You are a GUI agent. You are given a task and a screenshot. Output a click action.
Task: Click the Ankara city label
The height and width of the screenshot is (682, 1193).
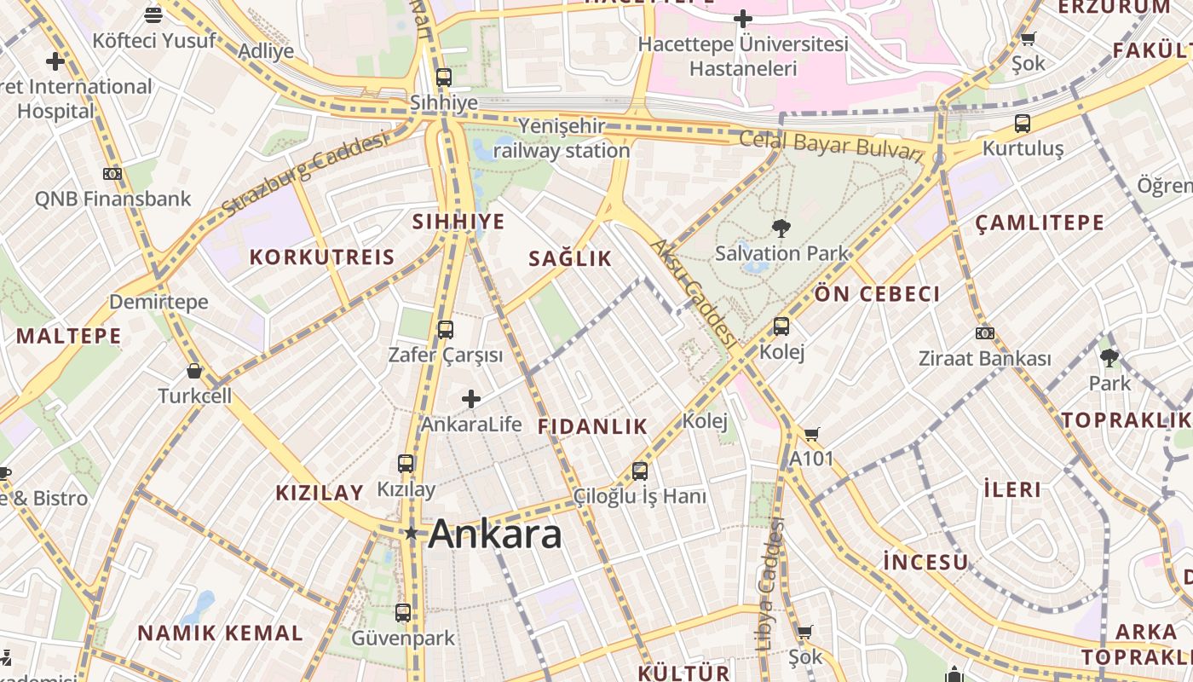495,535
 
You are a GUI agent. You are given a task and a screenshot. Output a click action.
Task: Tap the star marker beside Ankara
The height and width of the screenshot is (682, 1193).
412,534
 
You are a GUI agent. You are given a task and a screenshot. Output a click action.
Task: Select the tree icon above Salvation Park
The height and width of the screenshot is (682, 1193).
781,228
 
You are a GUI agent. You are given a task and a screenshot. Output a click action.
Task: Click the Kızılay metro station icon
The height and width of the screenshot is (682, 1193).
406,464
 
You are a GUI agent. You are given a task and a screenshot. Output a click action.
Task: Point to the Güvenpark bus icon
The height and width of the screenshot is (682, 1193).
403,612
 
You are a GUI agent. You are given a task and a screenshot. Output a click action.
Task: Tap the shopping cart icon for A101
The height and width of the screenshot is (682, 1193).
811,434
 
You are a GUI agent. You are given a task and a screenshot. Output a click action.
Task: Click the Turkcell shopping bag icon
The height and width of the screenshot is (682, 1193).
194,371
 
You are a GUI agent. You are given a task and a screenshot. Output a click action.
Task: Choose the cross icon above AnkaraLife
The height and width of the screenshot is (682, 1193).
471,398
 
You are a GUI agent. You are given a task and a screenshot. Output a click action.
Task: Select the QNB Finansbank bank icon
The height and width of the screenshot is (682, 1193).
112,174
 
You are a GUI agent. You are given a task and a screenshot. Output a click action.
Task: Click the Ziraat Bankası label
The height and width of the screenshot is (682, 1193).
984,359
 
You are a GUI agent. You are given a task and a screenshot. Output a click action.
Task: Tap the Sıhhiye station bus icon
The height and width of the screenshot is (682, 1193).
443,77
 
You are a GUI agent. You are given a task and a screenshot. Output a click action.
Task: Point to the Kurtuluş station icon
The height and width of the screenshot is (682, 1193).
1023,123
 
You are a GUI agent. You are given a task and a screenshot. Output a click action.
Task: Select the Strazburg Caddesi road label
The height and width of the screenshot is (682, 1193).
304,175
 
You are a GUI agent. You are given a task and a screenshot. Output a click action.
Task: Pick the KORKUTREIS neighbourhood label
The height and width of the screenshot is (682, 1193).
322,257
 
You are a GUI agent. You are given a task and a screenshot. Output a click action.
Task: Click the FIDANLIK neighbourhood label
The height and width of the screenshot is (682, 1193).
593,427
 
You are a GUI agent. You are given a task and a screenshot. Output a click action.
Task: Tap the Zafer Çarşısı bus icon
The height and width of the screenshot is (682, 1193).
445,329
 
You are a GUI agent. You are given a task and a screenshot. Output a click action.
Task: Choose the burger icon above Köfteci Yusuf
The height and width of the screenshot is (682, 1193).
153,14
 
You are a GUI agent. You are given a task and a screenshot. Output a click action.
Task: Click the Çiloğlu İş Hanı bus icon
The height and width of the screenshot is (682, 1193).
640,471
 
